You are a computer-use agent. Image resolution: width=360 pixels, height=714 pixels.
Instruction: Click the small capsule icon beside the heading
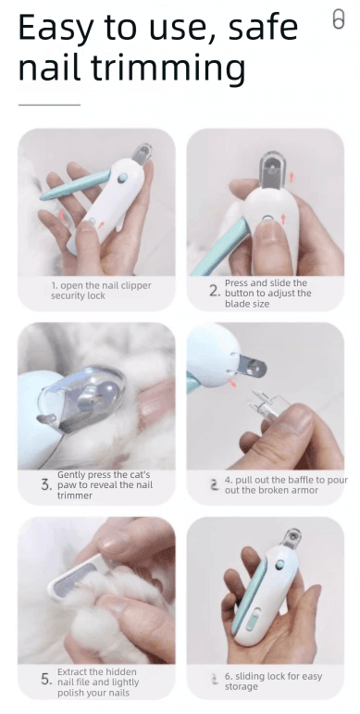pos(338,19)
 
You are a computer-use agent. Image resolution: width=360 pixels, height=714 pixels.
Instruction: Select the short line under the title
pos(49,105)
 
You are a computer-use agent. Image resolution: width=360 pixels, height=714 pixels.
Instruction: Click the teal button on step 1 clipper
pos(122,178)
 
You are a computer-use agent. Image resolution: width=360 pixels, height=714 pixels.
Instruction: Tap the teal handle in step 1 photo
pos(76,186)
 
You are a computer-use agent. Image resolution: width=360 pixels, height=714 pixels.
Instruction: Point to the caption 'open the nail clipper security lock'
pos(101,291)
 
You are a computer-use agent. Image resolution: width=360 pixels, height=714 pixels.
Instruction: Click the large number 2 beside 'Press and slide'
pos(216,293)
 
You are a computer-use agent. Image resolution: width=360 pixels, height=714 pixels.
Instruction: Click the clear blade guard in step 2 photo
pos(273,169)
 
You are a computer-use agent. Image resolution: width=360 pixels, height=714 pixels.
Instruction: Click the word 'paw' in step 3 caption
pos(66,486)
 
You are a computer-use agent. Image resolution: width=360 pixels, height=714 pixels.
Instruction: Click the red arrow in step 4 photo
pos(232,382)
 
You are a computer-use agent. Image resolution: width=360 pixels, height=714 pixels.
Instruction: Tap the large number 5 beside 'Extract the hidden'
pos(47,680)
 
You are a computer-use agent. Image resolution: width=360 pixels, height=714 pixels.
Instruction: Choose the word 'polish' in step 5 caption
pos(70,693)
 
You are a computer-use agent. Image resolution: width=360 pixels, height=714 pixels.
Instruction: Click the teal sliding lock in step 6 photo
pos(252,620)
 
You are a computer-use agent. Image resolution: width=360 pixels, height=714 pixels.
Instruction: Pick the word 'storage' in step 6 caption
pos(242,686)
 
